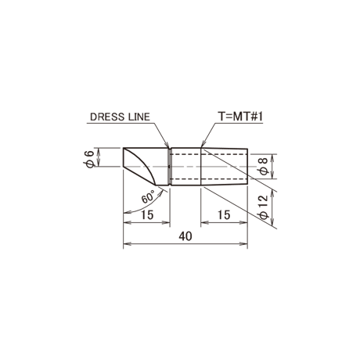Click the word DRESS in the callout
coord(107,117)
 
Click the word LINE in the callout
coord(139,117)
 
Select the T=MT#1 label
coord(240,117)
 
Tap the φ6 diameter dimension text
coord(89,160)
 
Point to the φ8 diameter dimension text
coord(263,167)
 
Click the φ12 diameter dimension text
coord(263,207)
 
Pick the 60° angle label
coord(148,197)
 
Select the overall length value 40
coord(185,236)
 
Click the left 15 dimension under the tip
coord(147,215)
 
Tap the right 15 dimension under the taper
coord(224,215)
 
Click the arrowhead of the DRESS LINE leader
coord(166,145)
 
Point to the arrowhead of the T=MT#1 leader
coord(203,145)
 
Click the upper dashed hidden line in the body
coord(208,154)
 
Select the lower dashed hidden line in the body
coord(208,179)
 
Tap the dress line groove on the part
coord(169,167)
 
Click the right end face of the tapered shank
coord(247,167)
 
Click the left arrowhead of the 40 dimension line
coord(127,244)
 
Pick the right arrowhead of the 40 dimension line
coord(243,244)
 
